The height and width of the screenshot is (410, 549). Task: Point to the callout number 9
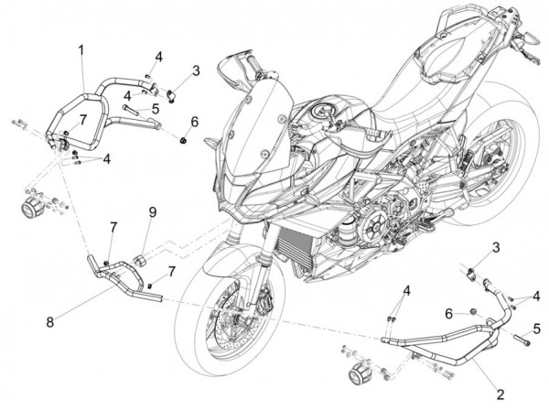[x=153, y=214]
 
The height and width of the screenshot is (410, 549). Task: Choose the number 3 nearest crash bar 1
[x=195, y=70]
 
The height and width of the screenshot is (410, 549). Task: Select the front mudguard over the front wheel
[x=215, y=265]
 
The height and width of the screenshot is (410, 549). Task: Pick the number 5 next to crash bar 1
[x=156, y=108]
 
